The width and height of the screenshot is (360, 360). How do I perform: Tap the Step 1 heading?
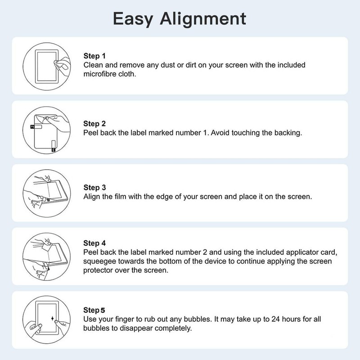tap(94, 56)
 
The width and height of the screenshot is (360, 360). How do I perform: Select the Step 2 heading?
tap(94, 124)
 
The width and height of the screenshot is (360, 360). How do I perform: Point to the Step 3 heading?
tap(94, 187)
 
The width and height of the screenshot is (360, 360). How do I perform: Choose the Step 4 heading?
tap(94, 243)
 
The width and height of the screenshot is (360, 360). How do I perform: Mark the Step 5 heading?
tap(94, 310)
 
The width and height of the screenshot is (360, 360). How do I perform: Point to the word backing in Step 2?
tap(285, 134)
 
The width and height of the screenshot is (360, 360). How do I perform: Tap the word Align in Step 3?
tap(92, 197)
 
